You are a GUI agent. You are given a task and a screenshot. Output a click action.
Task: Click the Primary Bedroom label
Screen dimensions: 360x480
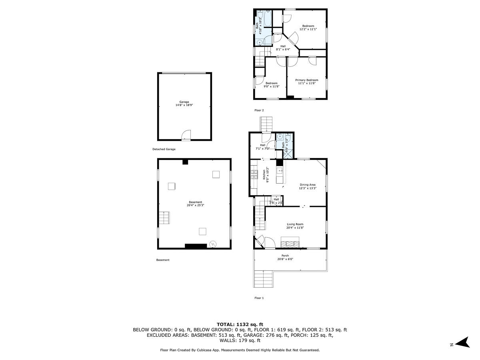click(307, 80)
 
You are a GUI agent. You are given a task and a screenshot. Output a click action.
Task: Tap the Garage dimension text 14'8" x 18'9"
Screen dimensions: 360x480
click(184, 105)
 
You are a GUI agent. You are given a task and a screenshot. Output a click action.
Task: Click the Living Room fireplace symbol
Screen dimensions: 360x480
click(290, 242)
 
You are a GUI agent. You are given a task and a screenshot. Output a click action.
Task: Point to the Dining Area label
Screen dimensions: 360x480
click(308, 185)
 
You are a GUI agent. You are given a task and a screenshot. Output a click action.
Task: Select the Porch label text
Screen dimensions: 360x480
click(285, 256)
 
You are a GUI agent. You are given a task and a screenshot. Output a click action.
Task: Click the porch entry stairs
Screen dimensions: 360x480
click(263, 278)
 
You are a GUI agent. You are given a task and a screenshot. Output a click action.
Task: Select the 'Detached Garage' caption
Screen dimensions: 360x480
click(164, 149)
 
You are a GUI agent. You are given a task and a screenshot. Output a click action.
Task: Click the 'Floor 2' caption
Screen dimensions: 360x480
click(259, 110)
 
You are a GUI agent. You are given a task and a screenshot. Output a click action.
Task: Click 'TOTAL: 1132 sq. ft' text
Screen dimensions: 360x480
click(240, 324)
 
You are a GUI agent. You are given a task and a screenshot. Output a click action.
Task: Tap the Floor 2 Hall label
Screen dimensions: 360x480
click(283, 46)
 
